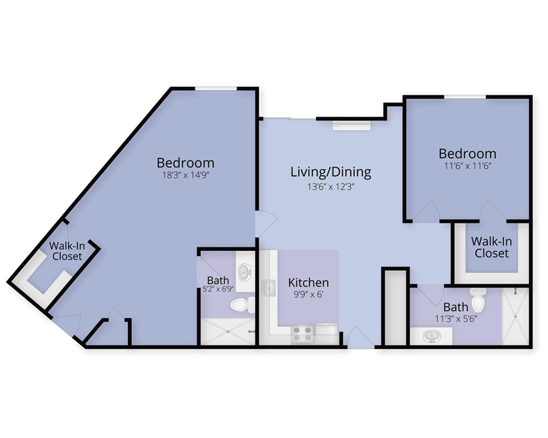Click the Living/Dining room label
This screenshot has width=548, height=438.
[x=330, y=172]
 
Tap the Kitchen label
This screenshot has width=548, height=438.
[x=308, y=282]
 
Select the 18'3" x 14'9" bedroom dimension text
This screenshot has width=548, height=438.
[x=185, y=175]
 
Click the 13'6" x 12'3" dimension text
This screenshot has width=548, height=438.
[x=331, y=187]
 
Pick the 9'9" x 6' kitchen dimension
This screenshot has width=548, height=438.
[x=308, y=295]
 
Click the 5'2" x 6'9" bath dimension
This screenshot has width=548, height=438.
[x=218, y=289]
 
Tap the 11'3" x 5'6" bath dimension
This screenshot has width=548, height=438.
[x=456, y=319]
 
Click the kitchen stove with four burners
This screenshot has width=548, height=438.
[x=302, y=333]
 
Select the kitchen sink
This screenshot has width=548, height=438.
[x=269, y=288]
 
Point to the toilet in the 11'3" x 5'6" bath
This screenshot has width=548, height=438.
[x=478, y=300]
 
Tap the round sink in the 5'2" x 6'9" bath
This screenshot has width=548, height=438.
[x=244, y=272]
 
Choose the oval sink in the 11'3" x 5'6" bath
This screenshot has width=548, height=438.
[x=432, y=337]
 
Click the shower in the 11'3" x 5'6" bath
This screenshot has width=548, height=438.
[x=516, y=316]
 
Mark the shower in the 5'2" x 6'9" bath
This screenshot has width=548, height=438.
[x=228, y=331]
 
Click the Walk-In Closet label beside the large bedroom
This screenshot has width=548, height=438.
[x=67, y=251]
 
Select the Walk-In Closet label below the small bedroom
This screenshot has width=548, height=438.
[x=492, y=247]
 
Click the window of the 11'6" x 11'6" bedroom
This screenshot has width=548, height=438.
[x=465, y=97]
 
